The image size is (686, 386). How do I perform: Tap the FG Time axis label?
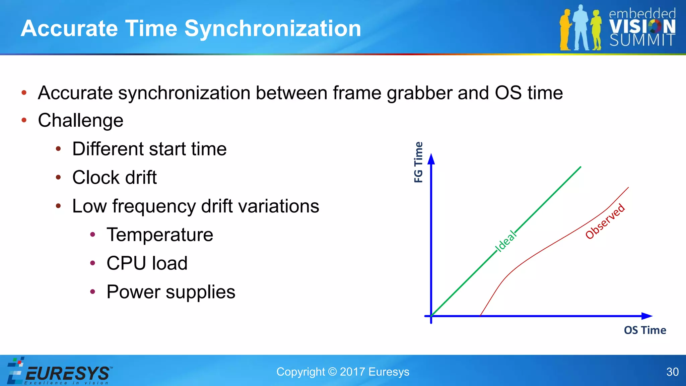418,162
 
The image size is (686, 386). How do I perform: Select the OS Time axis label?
645,330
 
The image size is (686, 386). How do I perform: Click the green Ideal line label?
506,241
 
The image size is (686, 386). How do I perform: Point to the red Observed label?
605,221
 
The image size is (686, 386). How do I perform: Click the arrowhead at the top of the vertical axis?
431,159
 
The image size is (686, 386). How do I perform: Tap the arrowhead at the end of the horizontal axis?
647,316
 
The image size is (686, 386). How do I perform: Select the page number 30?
672,372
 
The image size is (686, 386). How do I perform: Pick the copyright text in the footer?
343,372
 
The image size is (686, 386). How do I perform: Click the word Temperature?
160,235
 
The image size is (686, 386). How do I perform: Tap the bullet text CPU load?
147,263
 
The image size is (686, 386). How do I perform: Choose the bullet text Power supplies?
171,292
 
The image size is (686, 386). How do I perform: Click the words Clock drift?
115,178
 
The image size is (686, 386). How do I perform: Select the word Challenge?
81,120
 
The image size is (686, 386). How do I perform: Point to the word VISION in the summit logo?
642,26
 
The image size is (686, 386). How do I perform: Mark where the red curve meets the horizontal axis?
480,316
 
